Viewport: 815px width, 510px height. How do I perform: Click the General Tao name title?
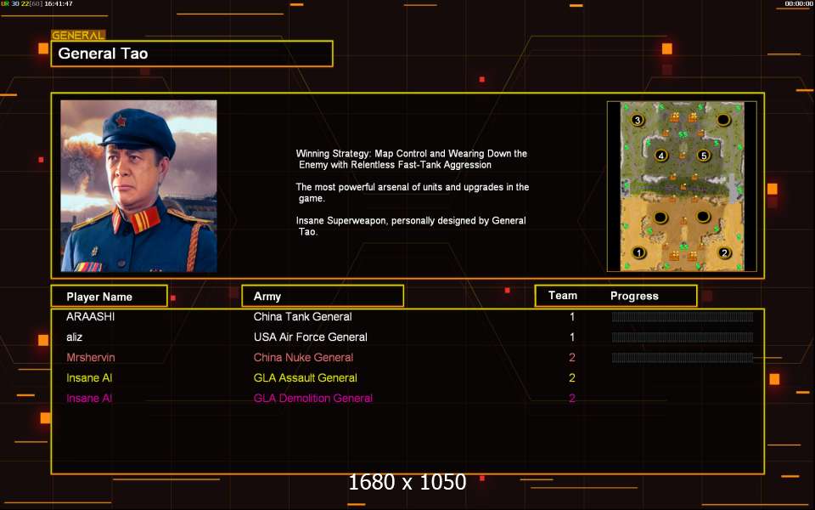pyautogui.click(x=103, y=54)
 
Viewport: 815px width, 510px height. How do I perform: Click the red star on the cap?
pyautogui.click(x=121, y=122)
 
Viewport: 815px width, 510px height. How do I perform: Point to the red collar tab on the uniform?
pyautogui.click(x=144, y=220)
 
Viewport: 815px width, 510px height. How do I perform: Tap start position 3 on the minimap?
pyautogui.click(x=638, y=120)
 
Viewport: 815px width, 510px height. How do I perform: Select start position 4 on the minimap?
pyautogui.click(x=660, y=155)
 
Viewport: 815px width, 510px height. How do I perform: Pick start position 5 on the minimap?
pyautogui.click(x=704, y=155)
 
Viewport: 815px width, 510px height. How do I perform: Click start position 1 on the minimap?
pyautogui.click(x=638, y=253)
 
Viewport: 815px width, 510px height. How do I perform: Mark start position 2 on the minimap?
pyautogui.click(x=724, y=253)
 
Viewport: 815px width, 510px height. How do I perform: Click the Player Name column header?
pyautogui.click(x=99, y=297)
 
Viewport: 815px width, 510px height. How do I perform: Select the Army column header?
pyautogui.click(x=267, y=296)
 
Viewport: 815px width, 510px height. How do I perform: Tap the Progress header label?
pyautogui.click(x=634, y=296)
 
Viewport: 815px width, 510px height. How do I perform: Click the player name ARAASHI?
pyautogui.click(x=91, y=316)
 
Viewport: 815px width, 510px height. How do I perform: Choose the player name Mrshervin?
pyautogui.click(x=91, y=358)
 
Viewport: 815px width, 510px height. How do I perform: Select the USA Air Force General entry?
pyautogui.click(x=311, y=337)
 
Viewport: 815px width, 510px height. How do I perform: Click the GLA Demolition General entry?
pyautogui.click(x=313, y=398)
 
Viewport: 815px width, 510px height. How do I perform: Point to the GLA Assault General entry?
pyautogui.click(x=305, y=377)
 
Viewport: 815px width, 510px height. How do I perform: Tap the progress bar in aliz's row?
pyautogui.click(x=683, y=337)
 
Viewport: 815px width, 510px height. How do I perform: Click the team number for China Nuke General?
pyautogui.click(x=571, y=358)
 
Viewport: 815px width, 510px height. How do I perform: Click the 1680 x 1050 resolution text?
pyautogui.click(x=407, y=482)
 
